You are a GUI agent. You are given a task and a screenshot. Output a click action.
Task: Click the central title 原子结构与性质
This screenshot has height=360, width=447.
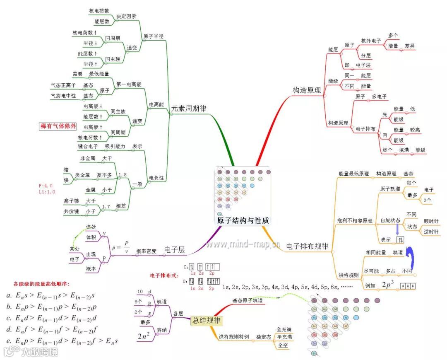pyautogui.click(x=243, y=220)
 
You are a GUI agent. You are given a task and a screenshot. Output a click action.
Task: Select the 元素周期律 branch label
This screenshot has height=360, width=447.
pyautogui.click(x=188, y=109)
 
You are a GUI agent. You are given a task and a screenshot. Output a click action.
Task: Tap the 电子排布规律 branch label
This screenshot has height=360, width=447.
pyautogui.click(x=307, y=246)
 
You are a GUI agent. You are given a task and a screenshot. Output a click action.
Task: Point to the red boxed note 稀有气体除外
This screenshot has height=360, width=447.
pyautogui.click(x=55, y=126)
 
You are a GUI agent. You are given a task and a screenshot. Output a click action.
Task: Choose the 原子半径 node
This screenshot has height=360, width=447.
pyautogui.click(x=154, y=36)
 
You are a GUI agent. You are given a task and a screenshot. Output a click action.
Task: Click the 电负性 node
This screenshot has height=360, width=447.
pyautogui.click(x=156, y=178)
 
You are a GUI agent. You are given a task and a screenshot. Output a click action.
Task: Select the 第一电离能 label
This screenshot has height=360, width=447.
pyautogui.click(x=129, y=84)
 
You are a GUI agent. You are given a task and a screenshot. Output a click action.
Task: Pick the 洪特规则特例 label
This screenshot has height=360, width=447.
pyautogui.click(x=234, y=336)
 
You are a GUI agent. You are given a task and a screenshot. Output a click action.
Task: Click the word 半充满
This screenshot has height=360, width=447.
pyautogui.click(x=285, y=336)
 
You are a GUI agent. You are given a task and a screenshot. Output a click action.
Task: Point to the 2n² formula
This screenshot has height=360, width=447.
pyautogui.click(x=144, y=336)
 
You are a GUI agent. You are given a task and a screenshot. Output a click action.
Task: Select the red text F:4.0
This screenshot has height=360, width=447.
pyautogui.click(x=46, y=186)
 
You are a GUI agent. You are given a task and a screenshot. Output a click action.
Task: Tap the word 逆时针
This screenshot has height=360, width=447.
pyautogui.click(x=430, y=232)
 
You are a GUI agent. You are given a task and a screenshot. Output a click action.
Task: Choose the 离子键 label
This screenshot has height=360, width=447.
pyautogui.click(x=71, y=201)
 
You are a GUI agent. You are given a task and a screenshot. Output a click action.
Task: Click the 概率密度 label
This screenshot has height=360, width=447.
pyautogui.click(x=147, y=251)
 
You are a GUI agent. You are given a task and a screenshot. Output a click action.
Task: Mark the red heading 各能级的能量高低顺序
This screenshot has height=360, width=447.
pyautogui.click(x=41, y=284)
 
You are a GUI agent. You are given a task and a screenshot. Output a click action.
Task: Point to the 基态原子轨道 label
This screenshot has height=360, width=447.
pyautogui.click(x=247, y=300)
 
